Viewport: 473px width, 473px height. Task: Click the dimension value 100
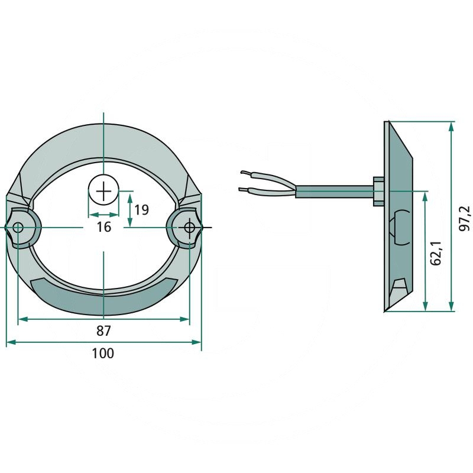pyautogui.click(x=103, y=353)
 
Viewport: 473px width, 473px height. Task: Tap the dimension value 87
pyautogui.click(x=104, y=331)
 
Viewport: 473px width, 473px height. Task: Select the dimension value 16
pyautogui.click(x=104, y=227)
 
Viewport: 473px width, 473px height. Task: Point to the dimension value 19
pyautogui.click(x=141, y=210)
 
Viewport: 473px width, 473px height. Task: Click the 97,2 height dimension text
pyautogui.click(x=464, y=218)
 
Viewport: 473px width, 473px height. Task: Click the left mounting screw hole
pyautogui.click(x=18, y=228)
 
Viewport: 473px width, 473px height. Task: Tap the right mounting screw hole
pyautogui.click(x=189, y=228)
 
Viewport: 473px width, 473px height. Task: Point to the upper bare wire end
pyautogui.click(x=245, y=173)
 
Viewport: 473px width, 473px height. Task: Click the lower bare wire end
pyautogui.click(x=244, y=189)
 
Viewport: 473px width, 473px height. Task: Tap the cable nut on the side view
pyautogui.click(x=379, y=191)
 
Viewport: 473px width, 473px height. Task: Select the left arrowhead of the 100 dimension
pyautogui.click(x=11, y=342)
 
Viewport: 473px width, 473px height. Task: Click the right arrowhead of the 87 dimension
pyautogui.click(x=184, y=319)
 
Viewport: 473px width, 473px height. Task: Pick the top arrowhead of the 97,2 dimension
pyautogui.click(x=451, y=127)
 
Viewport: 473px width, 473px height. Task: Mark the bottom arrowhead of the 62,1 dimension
pyautogui.click(x=425, y=306)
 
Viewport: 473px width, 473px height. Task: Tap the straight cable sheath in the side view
pyautogui.click(x=335, y=192)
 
